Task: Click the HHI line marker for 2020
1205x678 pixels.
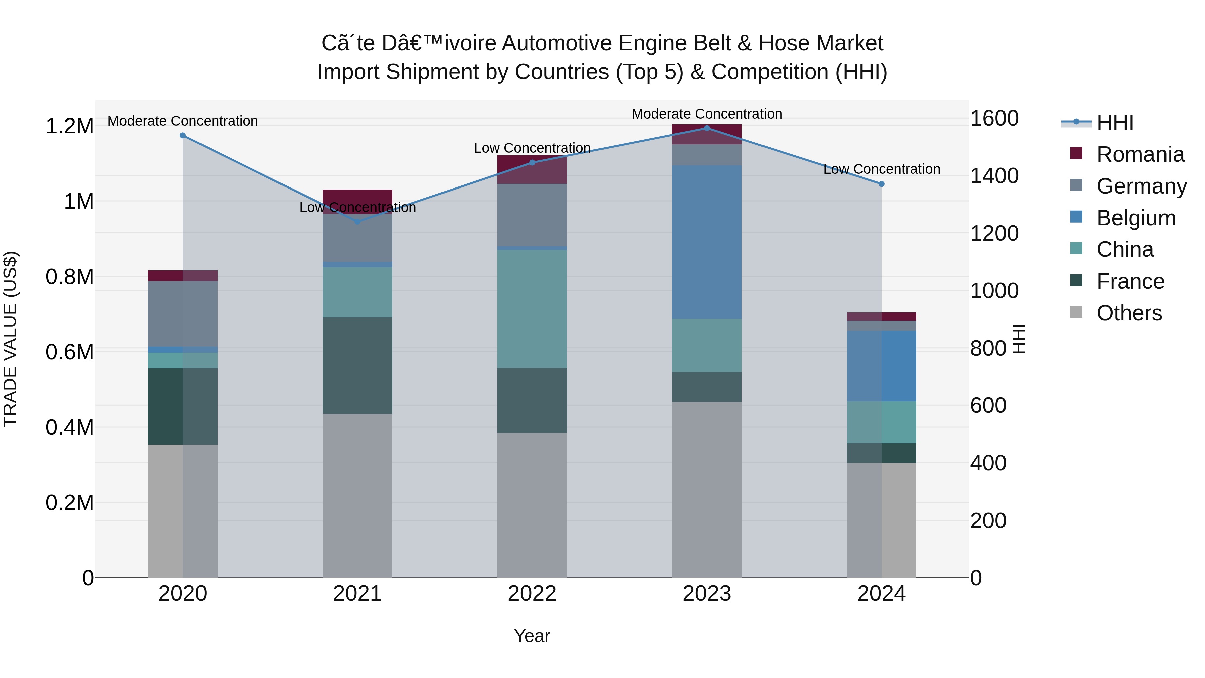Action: pyautogui.click(x=183, y=136)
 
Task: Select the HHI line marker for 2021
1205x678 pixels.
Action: pyautogui.click(x=357, y=222)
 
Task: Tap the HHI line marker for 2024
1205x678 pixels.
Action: pyautogui.click(x=882, y=184)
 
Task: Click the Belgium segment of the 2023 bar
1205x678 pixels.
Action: pyautogui.click(x=707, y=242)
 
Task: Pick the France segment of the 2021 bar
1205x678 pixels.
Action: pyautogui.click(x=357, y=365)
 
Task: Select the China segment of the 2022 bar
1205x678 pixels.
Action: pyautogui.click(x=532, y=309)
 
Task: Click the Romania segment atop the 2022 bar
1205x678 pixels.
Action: pyautogui.click(x=532, y=169)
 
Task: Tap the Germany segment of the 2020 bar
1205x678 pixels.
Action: pyautogui.click(x=183, y=313)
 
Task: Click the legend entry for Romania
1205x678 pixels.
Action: pyautogui.click(x=1140, y=154)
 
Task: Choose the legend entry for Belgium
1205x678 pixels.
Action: pyautogui.click(x=1135, y=218)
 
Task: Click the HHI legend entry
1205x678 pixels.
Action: pyautogui.click(x=1115, y=123)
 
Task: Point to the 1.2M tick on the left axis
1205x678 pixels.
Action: pyautogui.click(x=69, y=126)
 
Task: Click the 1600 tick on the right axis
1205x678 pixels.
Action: pyautogui.click(x=994, y=119)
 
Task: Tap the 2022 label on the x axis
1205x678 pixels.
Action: pyautogui.click(x=532, y=594)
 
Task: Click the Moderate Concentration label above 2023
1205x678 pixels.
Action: pyautogui.click(x=707, y=114)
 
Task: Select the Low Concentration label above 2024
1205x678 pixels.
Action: pyautogui.click(x=882, y=169)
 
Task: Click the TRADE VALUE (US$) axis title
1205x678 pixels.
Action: pyautogui.click(x=10, y=339)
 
